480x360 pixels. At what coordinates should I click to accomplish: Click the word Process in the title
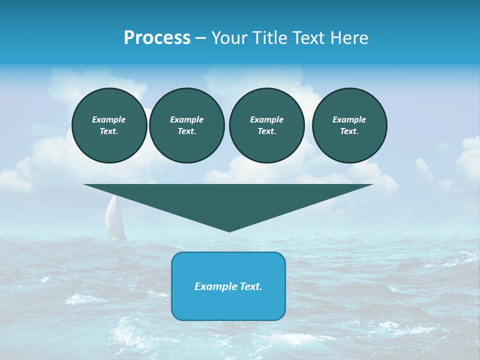157,38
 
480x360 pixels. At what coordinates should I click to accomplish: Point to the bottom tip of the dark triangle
229,230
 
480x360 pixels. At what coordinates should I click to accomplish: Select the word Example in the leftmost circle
109,119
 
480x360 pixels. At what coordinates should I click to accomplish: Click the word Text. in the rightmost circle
349,131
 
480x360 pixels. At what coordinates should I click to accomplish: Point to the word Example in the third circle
266,119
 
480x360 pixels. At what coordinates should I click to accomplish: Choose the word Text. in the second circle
186,131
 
